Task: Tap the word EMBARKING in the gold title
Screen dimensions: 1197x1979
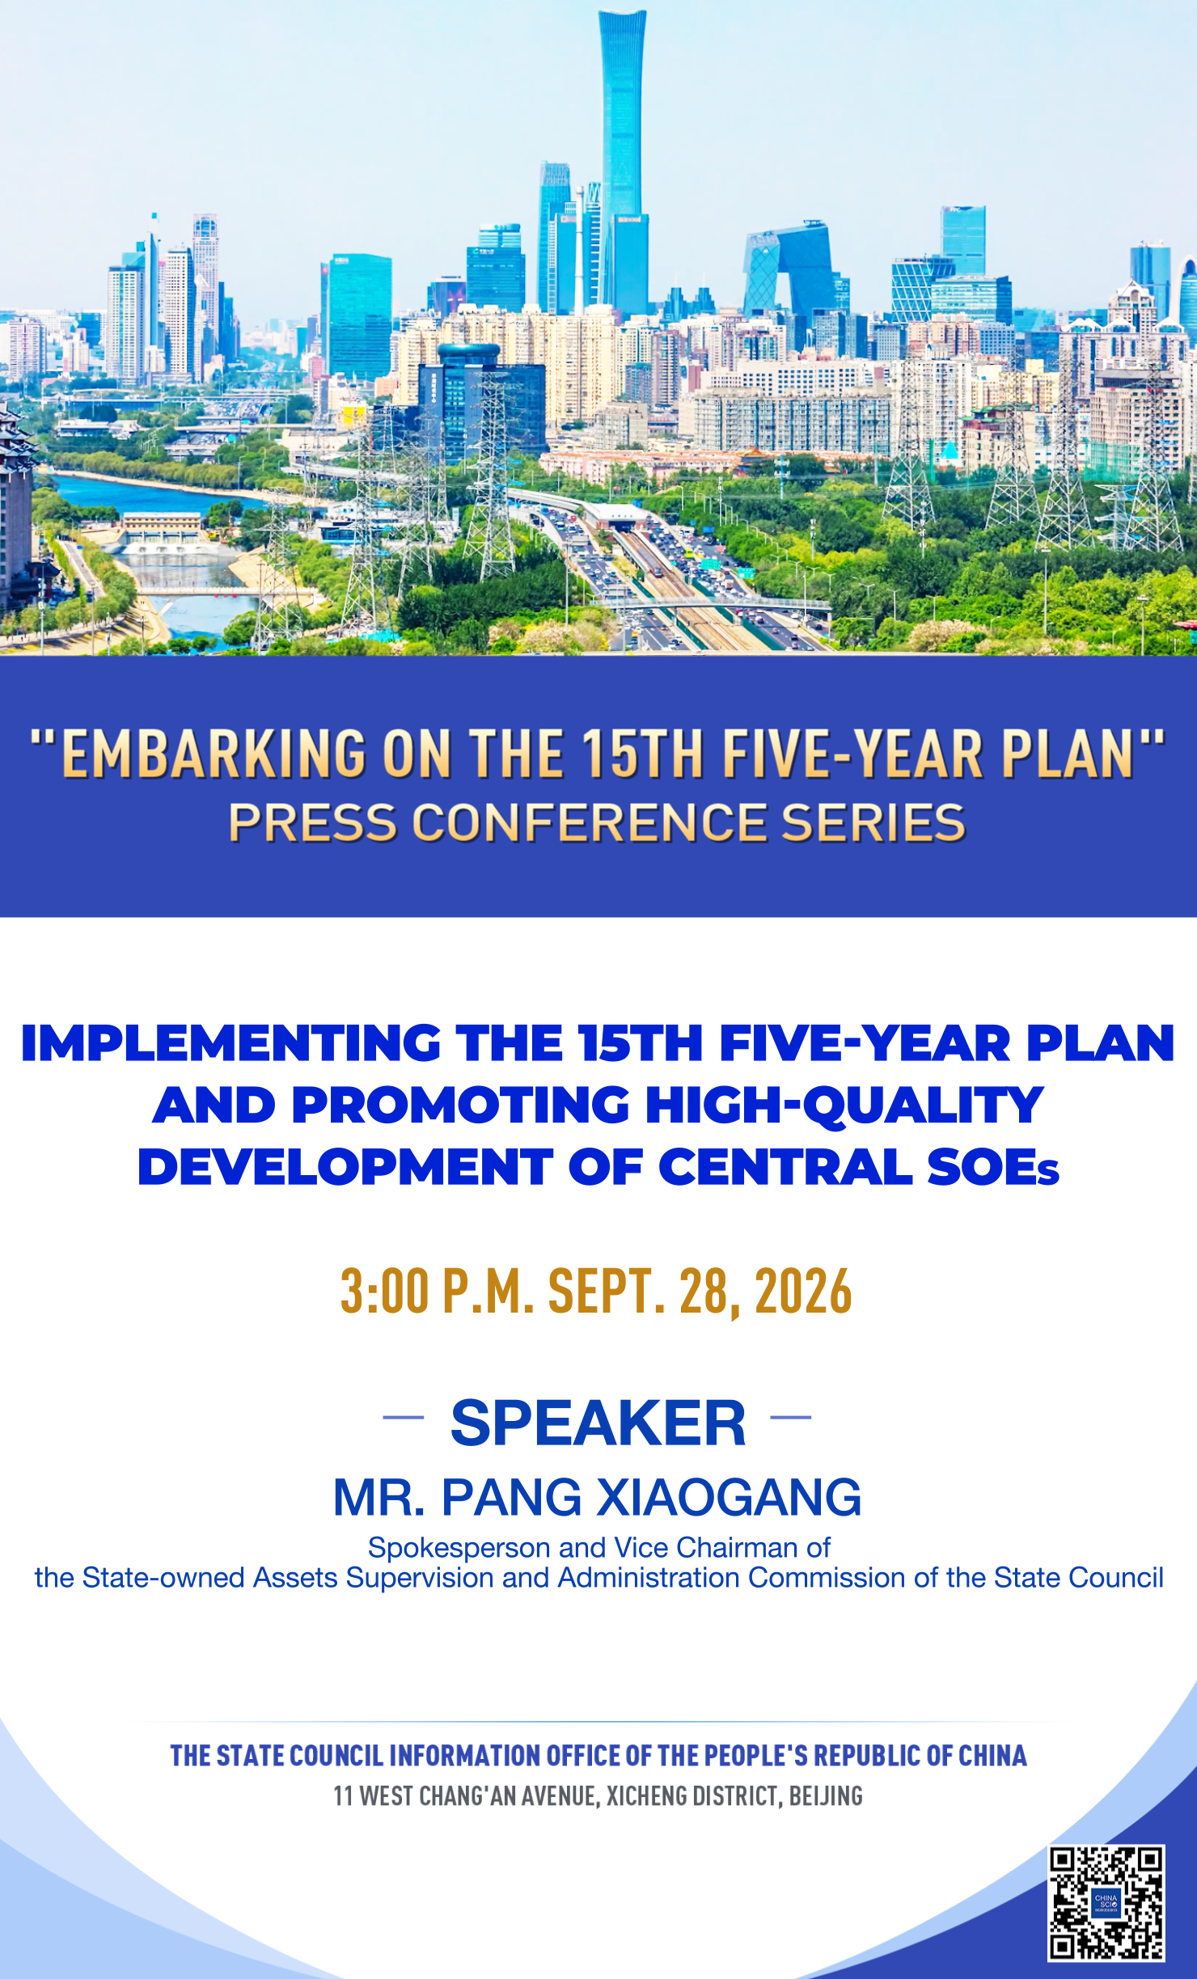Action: [x=214, y=754]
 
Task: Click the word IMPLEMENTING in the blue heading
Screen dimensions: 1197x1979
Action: [x=231, y=1042]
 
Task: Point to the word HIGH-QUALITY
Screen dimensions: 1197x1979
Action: [x=844, y=1106]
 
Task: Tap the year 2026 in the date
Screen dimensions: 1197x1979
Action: [x=803, y=1291]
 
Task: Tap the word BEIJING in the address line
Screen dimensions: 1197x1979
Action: [x=826, y=1796]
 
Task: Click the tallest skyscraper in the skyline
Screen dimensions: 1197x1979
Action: [x=623, y=162]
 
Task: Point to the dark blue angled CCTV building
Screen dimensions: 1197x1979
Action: [x=789, y=271]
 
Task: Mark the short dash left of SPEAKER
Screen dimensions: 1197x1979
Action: [x=403, y=1417]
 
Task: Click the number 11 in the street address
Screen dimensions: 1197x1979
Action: [x=343, y=1796]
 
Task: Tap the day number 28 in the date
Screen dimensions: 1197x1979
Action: [x=704, y=1291]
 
